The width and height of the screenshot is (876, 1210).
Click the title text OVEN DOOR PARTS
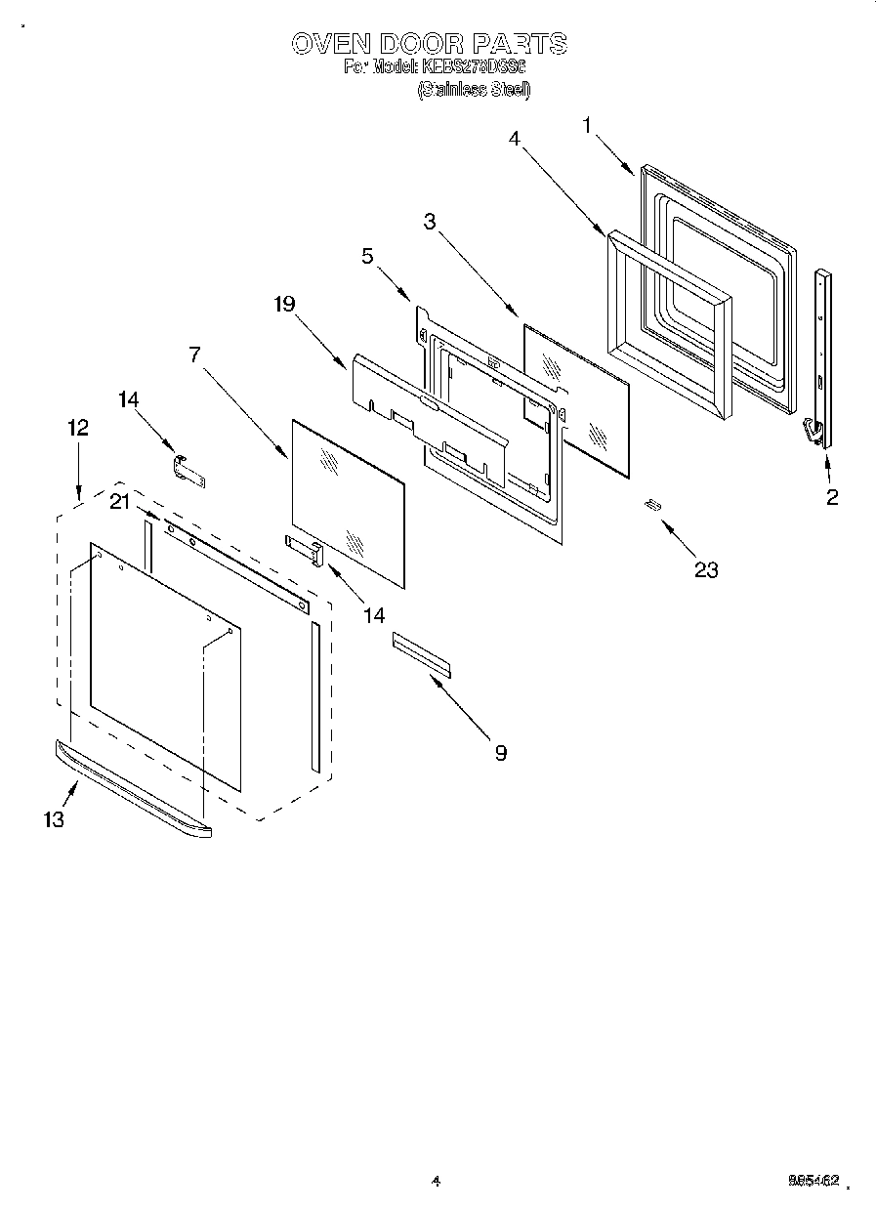coord(430,43)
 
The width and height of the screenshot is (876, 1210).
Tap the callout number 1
coord(587,125)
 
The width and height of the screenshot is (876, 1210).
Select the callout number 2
coord(832,497)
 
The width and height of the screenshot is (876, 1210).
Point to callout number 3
coord(429,222)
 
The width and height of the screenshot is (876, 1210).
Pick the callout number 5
coord(366,257)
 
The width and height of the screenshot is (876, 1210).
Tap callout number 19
coord(284,305)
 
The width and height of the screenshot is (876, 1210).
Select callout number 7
coord(195,355)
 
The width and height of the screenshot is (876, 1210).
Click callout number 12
coord(78,427)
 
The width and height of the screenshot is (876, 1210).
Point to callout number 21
coord(119,502)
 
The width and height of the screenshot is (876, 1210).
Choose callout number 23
coord(705,570)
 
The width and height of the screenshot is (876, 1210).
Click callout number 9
coord(500,753)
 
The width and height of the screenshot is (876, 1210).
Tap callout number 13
coord(54,819)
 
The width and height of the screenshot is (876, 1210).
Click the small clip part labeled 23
coord(652,504)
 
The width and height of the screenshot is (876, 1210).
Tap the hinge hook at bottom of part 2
coord(811,430)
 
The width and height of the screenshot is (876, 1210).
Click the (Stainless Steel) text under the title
coord(474,90)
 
